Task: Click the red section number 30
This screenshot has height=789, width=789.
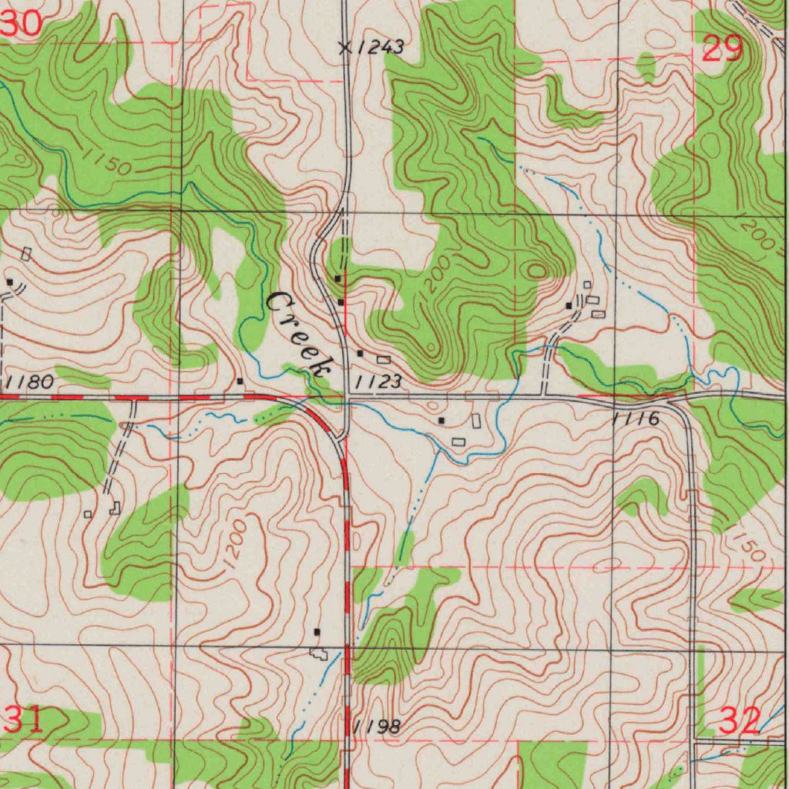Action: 21,24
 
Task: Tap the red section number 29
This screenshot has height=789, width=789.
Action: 723,50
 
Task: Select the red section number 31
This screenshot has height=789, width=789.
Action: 23,720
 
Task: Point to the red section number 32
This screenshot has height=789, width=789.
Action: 740,721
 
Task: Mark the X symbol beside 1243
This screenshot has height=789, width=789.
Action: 344,48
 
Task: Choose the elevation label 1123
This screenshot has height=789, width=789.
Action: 378,381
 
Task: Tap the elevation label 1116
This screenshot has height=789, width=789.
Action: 636,419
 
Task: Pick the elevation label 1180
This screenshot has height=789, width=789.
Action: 29,381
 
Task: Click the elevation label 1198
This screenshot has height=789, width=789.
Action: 377,727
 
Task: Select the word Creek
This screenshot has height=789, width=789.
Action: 299,333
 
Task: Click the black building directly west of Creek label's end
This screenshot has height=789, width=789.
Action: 240,381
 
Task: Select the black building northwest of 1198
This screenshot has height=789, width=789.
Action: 317,632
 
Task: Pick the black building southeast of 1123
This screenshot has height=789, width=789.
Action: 441,421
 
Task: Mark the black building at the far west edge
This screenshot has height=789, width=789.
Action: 9,282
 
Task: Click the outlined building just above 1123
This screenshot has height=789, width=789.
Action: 383,360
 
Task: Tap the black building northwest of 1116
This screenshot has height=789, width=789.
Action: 569,306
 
